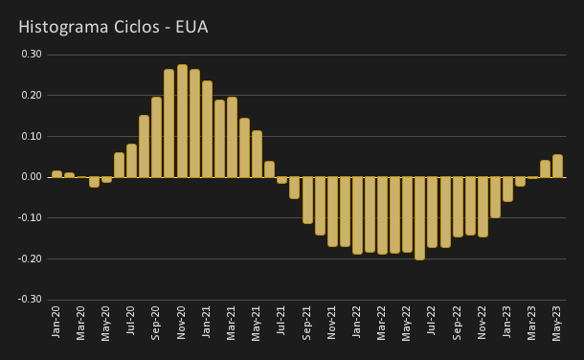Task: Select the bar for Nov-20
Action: pos(182,121)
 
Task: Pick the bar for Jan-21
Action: pos(207,129)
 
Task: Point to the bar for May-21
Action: pos(257,154)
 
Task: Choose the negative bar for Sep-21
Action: pos(307,200)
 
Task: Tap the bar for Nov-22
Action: pos(483,207)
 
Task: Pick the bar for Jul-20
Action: pos(132,161)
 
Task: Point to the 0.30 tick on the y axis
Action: pos(32,55)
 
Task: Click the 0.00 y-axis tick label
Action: pos(32,177)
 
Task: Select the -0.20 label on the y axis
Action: pos(31,259)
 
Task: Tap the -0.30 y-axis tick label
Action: pos(31,300)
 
